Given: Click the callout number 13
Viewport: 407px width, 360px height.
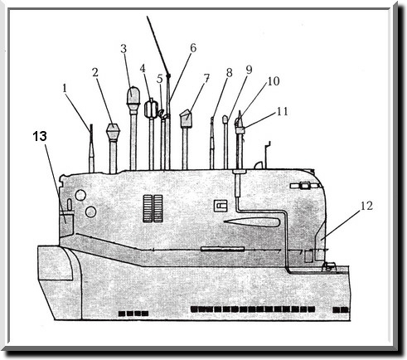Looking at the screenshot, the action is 40,136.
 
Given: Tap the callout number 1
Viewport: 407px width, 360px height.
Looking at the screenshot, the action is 65,89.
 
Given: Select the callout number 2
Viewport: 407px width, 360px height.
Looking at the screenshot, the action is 95,72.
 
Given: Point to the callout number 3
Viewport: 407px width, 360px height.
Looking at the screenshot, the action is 124,49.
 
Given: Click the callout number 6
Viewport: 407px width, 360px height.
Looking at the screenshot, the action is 193,48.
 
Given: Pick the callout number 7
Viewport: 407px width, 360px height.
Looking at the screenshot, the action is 207,78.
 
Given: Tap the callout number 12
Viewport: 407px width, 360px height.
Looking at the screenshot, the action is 366,206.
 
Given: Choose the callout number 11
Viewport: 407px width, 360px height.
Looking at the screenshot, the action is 283,111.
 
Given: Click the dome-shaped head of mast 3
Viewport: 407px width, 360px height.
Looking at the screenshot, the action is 133,95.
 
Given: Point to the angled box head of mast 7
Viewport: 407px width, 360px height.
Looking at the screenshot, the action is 186,119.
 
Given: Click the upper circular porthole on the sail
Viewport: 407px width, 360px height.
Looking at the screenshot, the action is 80,195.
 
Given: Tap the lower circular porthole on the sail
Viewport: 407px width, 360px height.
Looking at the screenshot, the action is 90,212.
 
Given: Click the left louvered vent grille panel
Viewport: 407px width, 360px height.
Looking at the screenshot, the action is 148,208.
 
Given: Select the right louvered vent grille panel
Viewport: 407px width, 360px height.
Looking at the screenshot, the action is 158,208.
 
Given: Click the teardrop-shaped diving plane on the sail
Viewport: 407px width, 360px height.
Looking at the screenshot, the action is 252,222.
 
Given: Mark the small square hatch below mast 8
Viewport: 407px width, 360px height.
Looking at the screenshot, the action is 220,206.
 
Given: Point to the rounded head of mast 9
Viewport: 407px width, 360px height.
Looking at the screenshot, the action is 225,119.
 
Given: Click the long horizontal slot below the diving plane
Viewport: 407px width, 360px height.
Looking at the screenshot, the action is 223,249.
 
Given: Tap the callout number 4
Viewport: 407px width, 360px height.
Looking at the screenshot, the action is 143,68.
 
